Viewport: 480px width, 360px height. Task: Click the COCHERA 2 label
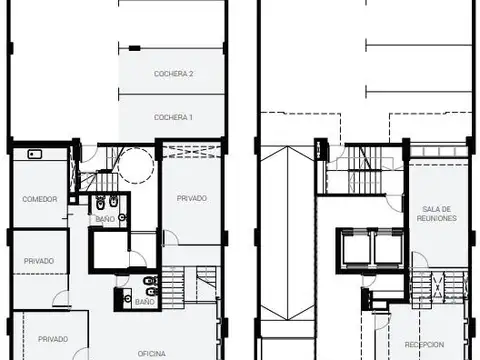(x=173, y=74)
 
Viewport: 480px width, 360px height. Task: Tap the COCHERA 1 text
(x=173, y=117)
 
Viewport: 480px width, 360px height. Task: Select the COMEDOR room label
(x=40, y=199)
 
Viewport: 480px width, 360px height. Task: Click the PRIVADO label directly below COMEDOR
(x=39, y=261)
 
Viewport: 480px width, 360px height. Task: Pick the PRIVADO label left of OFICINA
(x=53, y=339)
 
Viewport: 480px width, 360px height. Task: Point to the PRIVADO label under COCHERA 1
(x=192, y=198)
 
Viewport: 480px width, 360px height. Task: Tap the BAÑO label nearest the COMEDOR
(x=105, y=219)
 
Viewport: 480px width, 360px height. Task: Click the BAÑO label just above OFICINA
(x=145, y=302)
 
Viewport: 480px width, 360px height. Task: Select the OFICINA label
(x=152, y=354)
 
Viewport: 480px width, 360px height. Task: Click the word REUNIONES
(x=437, y=218)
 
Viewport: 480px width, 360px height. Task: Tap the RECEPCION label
(x=424, y=344)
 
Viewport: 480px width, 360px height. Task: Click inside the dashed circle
(x=136, y=166)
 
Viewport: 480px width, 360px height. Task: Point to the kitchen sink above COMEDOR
(x=35, y=154)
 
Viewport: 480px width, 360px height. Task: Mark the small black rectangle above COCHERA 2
(x=135, y=48)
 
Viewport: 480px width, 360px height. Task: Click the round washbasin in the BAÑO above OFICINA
(x=128, y=298)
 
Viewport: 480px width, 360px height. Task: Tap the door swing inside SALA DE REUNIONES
(x=420, y=259)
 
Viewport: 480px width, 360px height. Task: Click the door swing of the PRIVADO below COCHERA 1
(x=171, y=237)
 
